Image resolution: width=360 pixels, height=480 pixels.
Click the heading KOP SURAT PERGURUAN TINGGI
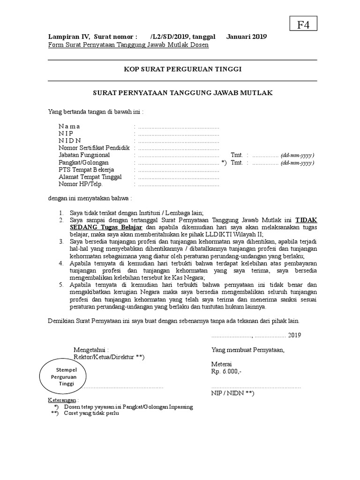tap(182, 69)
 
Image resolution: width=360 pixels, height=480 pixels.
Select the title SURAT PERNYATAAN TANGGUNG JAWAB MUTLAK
tap(182, 93)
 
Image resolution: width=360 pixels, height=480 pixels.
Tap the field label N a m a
tap(69, 126)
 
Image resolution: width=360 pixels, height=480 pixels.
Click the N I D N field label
tap(70, 141)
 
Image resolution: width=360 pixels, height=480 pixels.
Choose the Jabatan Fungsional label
tap(84, 155)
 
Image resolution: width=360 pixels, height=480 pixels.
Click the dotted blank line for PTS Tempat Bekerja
tap(179, 170)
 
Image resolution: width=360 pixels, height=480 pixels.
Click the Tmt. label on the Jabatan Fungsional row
tap(236, 155)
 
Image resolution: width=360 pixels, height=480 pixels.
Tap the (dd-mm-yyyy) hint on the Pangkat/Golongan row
tap(297, 163)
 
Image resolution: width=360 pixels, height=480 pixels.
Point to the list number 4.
tap(61, 263)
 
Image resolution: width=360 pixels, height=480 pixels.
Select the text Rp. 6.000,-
tap(227, 372)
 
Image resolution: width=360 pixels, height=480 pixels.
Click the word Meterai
tap(222, 364)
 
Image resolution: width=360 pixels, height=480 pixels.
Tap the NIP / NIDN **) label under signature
tap(232, 394)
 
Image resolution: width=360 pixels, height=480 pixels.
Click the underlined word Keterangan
tap(63, 400)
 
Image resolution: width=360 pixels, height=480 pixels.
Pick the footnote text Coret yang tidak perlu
tap(91, 414)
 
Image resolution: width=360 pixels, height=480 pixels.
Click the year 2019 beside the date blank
tap(294, 335)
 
